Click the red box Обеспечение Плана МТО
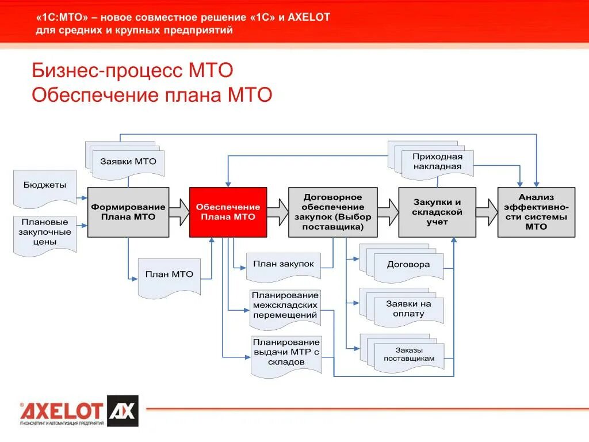click(x=228, y=212)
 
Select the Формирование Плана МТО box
click(x=128, y=212)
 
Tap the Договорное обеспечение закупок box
click(x=333, y=212)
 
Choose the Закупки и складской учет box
click(x=437, y=212)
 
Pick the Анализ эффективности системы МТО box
click(x=536, y=212)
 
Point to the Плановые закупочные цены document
click(x=45, y=233)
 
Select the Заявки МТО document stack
click(x=128, y=161)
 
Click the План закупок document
click(x=284, y=265)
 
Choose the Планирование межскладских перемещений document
click(x=285, y=305)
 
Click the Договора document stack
click(x=408, y=265)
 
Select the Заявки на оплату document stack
click(x=408, y=309)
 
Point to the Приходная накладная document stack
click(x=437, y=162)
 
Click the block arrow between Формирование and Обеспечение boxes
click(x=179, y=212)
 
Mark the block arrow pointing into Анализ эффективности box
click(x=487, y=212)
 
